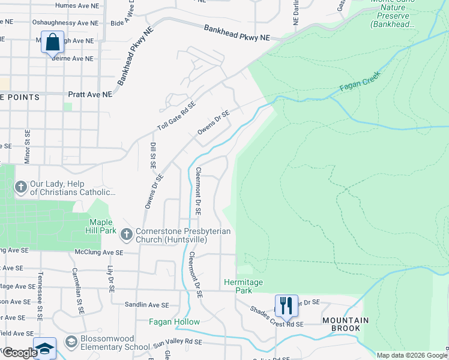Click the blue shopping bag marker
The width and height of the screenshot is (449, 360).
pos(52,43)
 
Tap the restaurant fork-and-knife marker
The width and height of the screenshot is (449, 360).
pos(286,305)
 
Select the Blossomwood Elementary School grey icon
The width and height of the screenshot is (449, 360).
pos(71,341)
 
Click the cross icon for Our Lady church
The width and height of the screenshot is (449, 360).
pos(20,187)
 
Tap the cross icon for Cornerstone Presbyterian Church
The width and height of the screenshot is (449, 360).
pos(126,233)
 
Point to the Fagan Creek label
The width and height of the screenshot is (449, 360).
pos(360,87)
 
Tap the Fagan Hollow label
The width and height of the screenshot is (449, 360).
pos(174,322)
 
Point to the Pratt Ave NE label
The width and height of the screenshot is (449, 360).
pos(90,95)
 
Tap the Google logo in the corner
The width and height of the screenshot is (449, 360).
pos(19,353)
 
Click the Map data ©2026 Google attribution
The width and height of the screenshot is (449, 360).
pos(412,355)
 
